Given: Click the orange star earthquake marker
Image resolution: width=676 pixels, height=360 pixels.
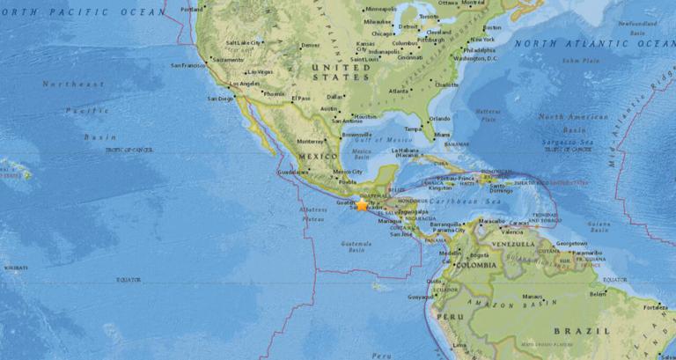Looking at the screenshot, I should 361,204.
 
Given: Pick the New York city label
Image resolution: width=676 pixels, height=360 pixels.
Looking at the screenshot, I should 483,40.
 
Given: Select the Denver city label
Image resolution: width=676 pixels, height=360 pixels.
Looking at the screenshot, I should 310,46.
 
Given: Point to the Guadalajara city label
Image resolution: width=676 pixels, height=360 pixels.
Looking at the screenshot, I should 290,173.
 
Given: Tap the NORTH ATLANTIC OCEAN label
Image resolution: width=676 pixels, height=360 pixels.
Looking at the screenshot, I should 594,42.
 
